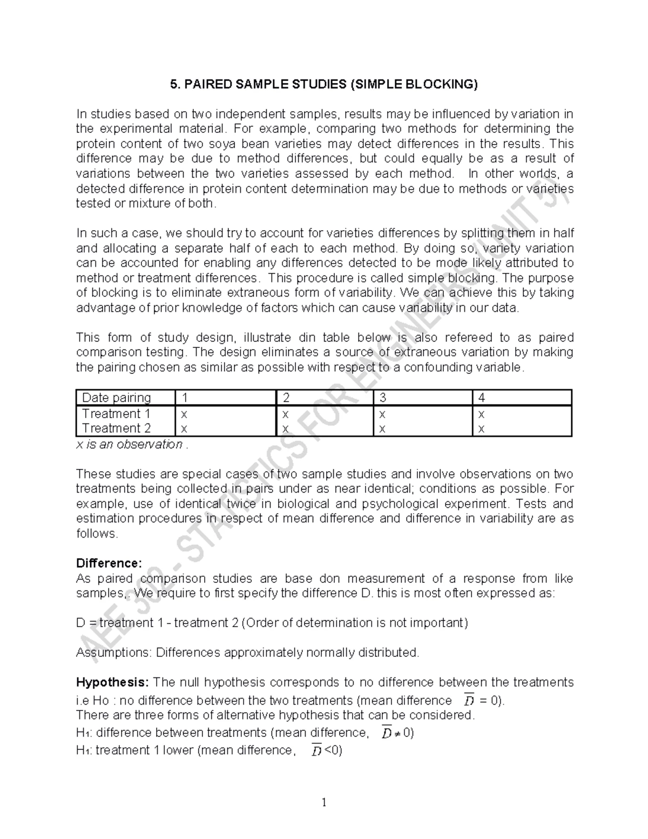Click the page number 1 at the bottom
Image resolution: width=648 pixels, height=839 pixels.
324,803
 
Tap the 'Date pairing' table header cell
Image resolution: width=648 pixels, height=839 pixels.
116,398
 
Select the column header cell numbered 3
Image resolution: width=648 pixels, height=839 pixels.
383,398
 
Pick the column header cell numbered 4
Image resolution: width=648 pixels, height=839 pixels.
481,398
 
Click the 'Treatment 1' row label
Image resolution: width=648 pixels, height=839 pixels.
116,414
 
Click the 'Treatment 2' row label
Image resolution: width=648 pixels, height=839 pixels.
116,428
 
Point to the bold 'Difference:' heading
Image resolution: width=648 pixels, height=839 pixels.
109,563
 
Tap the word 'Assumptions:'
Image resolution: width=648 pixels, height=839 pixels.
114,653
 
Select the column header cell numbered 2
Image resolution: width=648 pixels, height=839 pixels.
286,398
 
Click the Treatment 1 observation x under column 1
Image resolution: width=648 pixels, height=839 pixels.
184,414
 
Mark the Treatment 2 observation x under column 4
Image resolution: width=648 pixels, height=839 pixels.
481,429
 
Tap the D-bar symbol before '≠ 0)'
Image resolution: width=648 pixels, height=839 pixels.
387,733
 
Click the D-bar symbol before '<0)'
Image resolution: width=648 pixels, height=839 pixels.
316,751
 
